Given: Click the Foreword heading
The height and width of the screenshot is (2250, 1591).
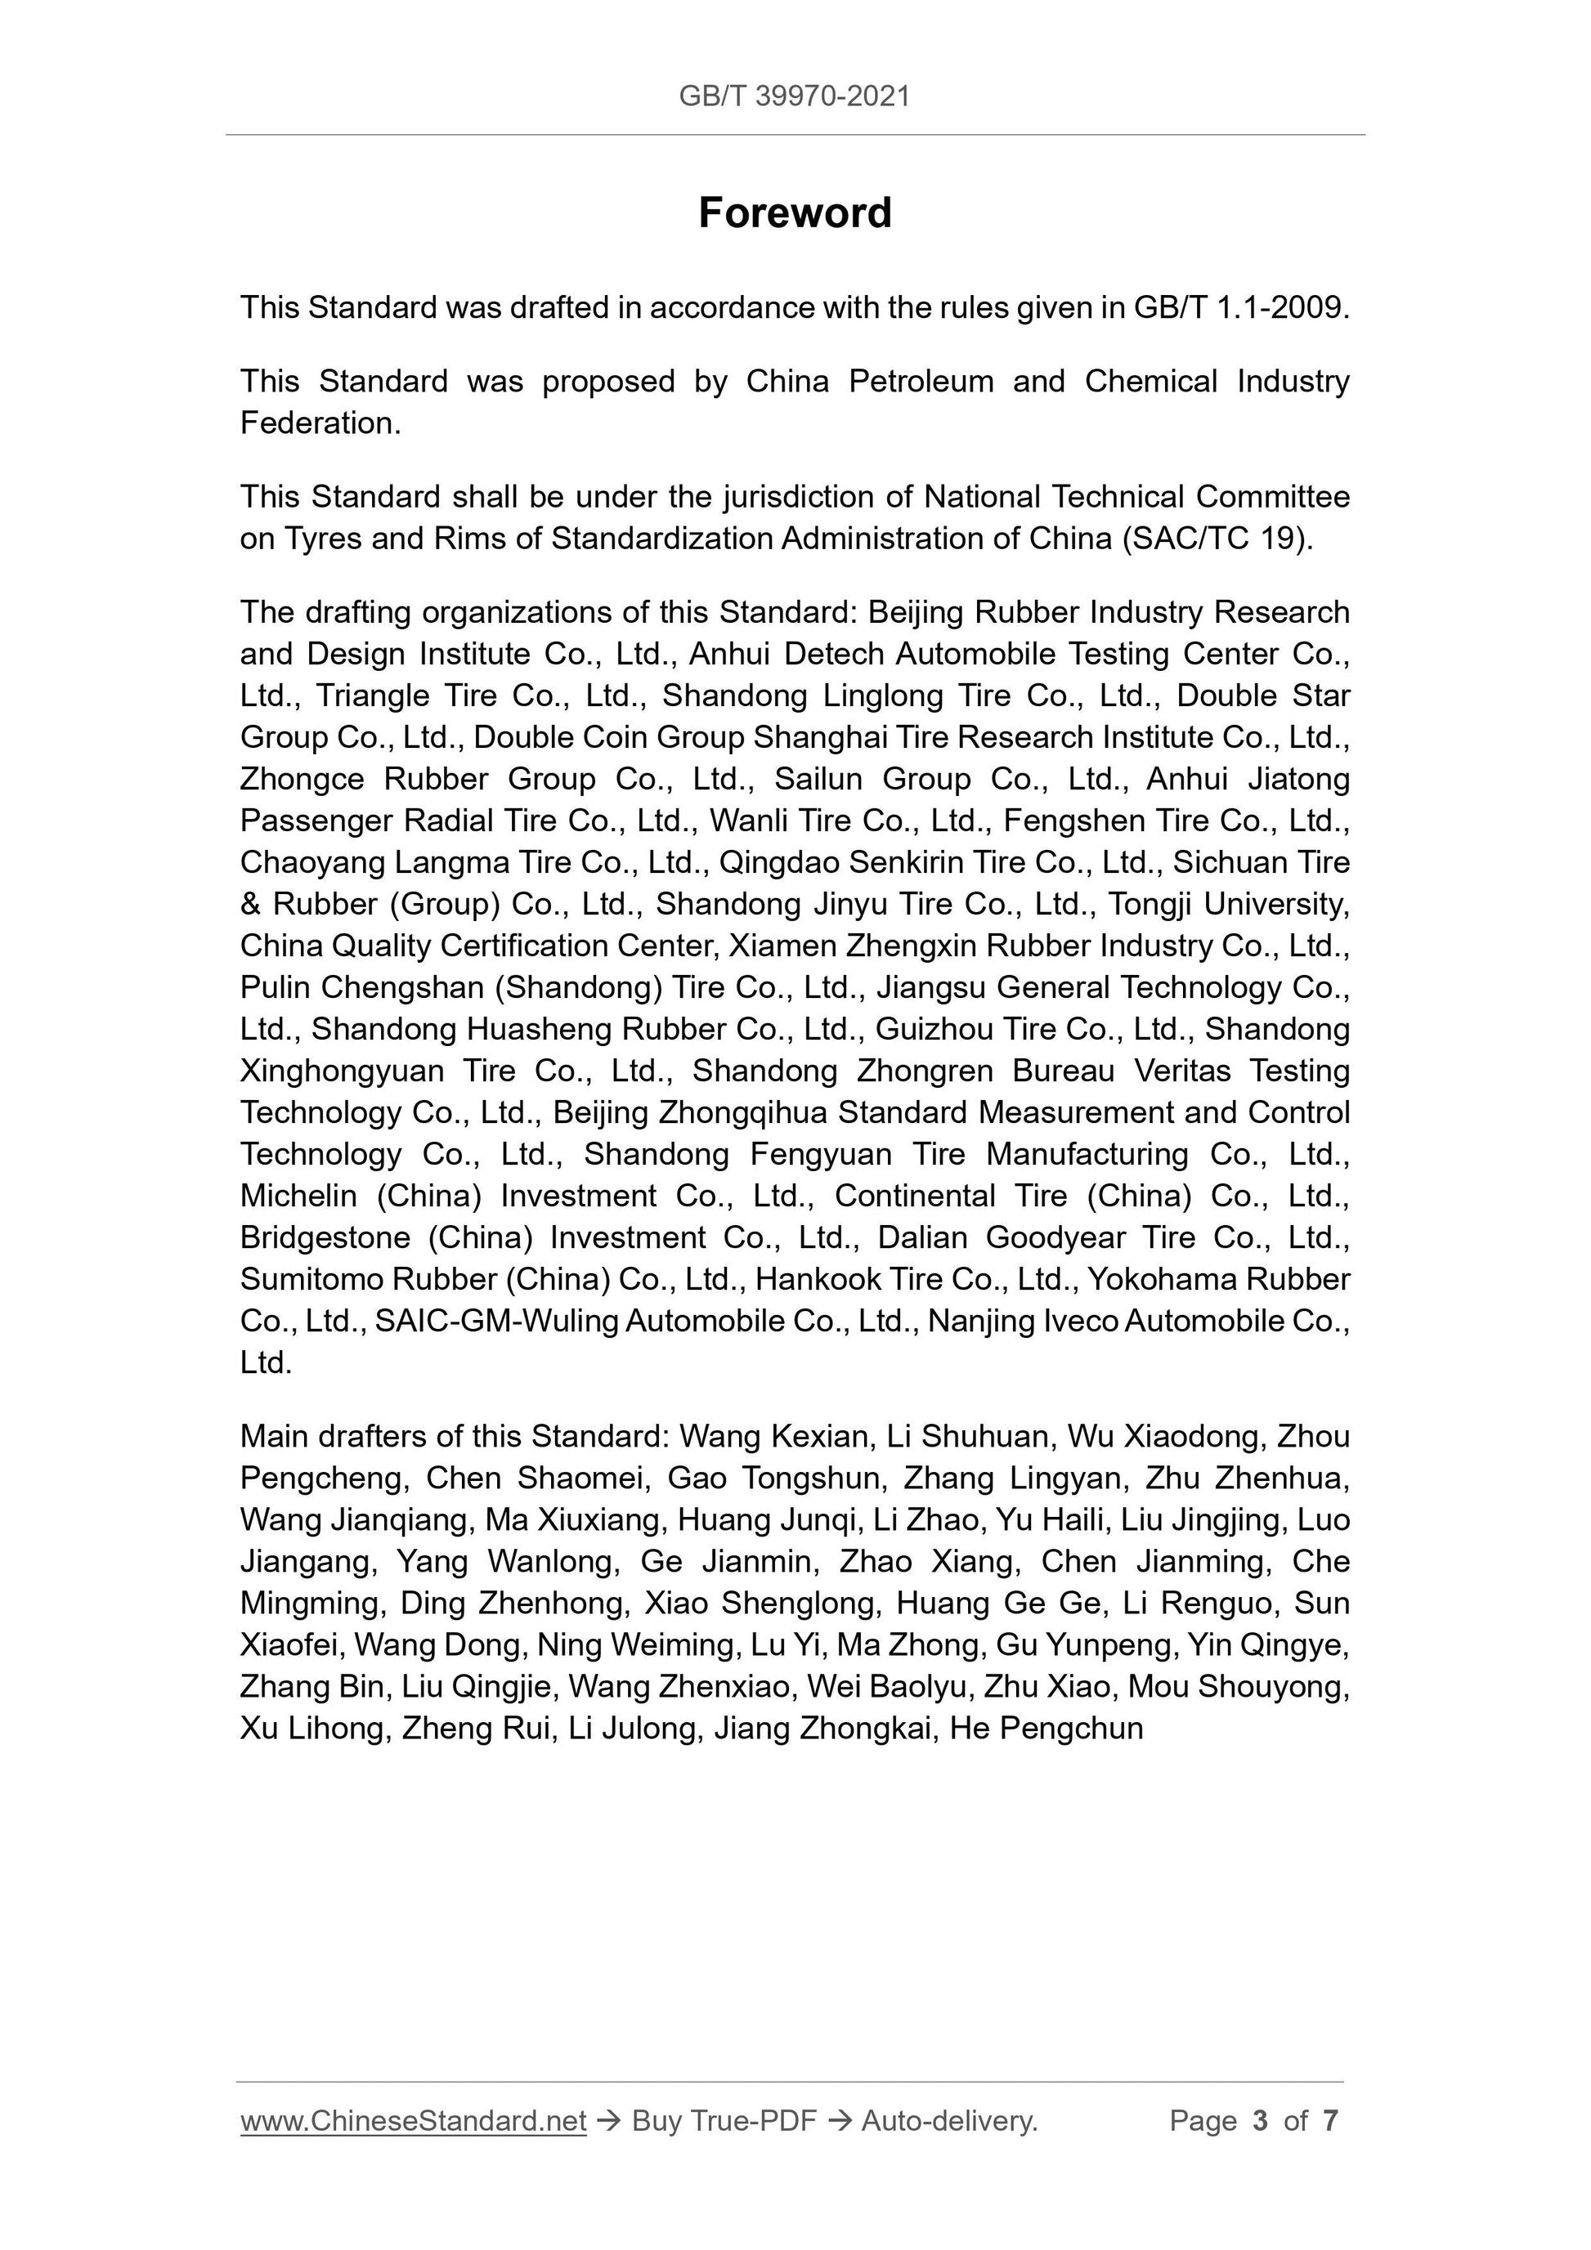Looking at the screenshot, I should tap(794, 212).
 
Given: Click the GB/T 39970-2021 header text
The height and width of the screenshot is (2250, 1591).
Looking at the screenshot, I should tap(794, 96).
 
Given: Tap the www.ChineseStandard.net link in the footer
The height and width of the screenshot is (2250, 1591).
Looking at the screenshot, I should tap(413, 2121).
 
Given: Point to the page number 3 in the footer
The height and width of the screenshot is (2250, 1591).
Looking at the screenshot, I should tap(1260, 2121).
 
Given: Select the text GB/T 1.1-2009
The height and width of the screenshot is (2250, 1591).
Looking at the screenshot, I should tap(1241, 307).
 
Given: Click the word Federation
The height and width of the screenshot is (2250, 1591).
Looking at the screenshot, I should tap(320, 423).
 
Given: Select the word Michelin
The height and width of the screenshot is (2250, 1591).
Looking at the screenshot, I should tap(298, 1197).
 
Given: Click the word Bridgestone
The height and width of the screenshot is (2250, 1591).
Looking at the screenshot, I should tap(325, 1237).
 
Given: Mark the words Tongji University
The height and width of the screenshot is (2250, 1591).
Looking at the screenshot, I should tap(1228, 905).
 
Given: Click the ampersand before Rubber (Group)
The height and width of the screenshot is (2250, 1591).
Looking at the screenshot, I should tap(251, 905).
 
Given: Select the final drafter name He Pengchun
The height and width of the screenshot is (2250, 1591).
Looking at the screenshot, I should tap(1046, 1729).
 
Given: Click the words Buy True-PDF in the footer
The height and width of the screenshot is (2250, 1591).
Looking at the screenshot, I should tap(724, 2121).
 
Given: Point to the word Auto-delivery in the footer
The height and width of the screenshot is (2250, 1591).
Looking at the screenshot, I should tap(948, 2121).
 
